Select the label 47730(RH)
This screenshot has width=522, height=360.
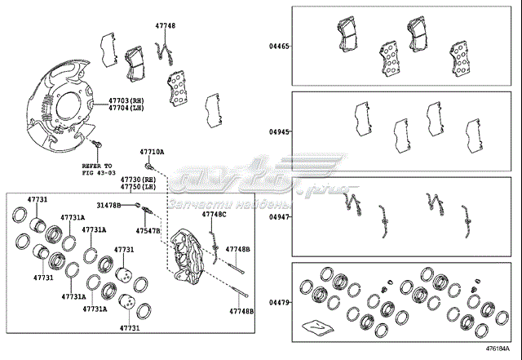(136, 179)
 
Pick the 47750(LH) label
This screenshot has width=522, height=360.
(136, 187)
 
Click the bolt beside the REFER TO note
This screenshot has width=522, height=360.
(99, 146)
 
